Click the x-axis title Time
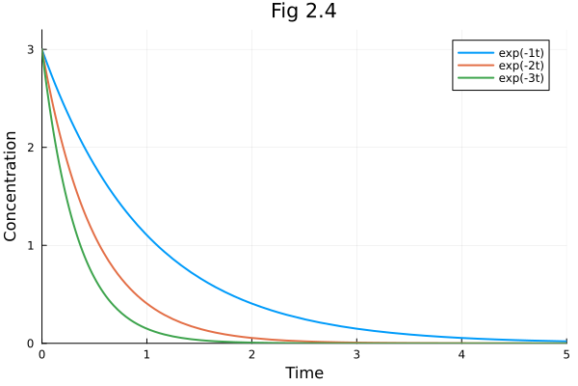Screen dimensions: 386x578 point(304,372)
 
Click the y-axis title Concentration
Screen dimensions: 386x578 point(12,186)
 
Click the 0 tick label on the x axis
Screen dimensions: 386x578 point(41,355)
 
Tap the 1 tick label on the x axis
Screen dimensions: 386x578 point(146,355)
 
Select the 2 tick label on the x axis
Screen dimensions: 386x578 point(251,355)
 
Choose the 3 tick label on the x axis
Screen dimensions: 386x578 point(356,355)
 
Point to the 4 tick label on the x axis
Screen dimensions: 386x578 point(461,355)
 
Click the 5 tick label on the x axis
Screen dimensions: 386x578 point(565,355)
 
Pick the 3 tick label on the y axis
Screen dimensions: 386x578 point(30,49)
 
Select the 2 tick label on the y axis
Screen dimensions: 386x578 point(30,147)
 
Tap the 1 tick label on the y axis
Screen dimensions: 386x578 point(30,245)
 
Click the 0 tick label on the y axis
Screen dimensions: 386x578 point(30,343)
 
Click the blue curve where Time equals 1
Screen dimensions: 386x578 point(146,234)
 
